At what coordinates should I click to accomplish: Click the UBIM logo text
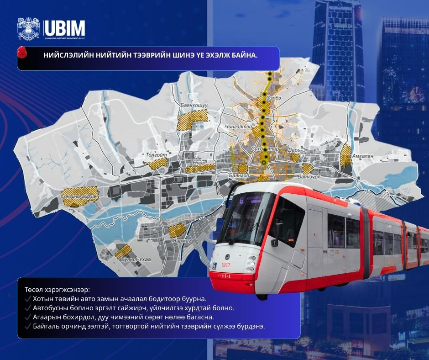point(65,28)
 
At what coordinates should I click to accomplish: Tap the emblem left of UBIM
point(29,29)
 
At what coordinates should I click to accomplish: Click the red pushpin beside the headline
point(22,53)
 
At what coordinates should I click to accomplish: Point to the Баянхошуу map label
point(194,106)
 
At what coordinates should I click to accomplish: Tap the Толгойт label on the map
point(157,155)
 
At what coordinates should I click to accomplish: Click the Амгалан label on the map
point(362,156)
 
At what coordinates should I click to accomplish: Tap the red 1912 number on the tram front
point(225,265)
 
